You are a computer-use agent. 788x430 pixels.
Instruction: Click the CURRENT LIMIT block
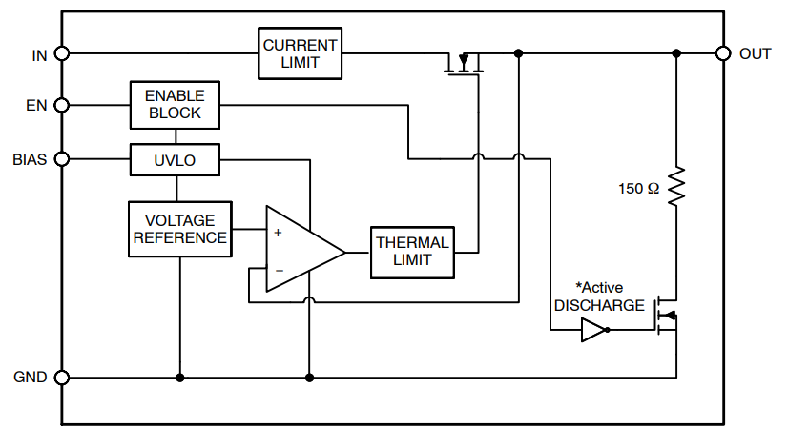pos(301,53)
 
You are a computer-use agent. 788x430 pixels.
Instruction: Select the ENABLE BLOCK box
pos(175,104)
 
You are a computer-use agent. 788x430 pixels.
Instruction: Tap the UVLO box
pos(175,160)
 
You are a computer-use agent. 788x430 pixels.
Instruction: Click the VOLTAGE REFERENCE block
pos(180,229)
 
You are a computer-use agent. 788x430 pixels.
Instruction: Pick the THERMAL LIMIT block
pos(411,252)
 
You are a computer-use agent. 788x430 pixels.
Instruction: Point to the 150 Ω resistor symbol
pos(676,188)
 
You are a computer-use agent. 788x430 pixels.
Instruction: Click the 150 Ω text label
pos(638,189)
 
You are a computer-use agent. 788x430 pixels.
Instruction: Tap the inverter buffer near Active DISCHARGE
pos(593,330)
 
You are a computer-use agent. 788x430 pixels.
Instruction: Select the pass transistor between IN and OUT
pos(465,65)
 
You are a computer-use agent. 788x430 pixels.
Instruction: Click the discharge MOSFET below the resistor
pos(667,317)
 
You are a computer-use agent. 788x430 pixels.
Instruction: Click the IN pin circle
pos(62,53)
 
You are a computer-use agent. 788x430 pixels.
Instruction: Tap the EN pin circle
pos(62,104)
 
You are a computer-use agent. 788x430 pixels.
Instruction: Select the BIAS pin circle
pos(62,160)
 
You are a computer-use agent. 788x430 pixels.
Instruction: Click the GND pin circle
pos(62,378)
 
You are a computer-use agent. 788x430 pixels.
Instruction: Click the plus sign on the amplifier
pos(278,232)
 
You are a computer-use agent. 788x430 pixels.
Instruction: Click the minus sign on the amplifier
pos(278,271)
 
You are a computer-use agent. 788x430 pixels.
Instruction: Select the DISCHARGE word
pos(599,305)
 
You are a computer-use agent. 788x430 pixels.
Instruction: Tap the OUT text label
pos(755,54)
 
